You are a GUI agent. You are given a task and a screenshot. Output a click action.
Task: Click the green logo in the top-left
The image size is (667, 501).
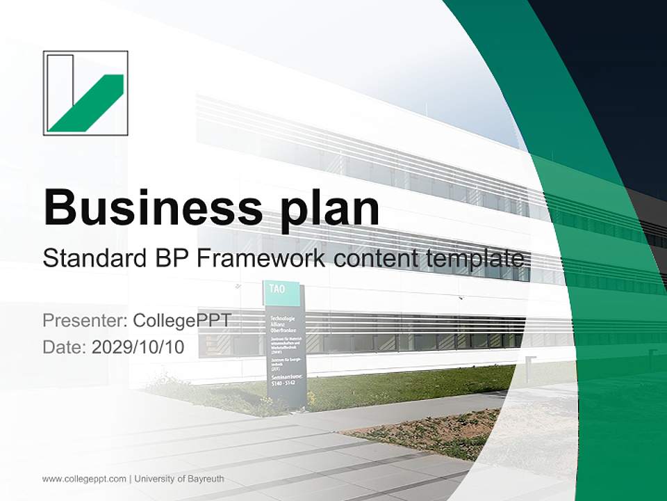point(85,93)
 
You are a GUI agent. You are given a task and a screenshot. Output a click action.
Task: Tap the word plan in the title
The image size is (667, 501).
point(327,209)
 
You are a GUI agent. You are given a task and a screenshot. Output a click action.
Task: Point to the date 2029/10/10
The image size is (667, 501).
point(138,347)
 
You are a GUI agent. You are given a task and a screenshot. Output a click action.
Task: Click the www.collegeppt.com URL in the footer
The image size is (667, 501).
point(84,479)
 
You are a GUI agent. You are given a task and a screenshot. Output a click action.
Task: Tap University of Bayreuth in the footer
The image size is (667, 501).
point(179,479)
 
